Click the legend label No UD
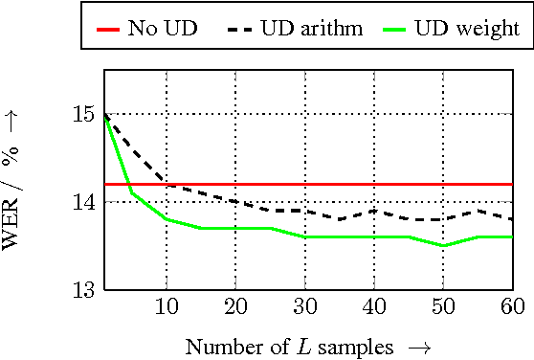tap(163, 28)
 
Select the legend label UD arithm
tap(311, 28)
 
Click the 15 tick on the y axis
tap(83, 115)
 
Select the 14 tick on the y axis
tap(83, 202)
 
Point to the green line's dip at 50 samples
tap(443, 246)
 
